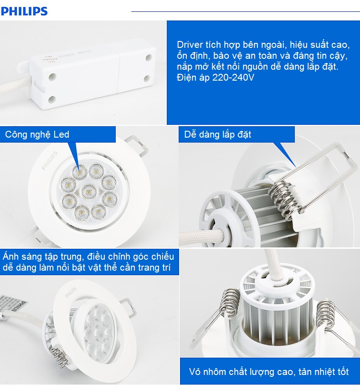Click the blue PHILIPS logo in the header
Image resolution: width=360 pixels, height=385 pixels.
pos(24,10)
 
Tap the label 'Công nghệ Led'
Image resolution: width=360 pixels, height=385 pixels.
pos(37,134)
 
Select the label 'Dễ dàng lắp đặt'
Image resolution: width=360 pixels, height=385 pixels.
pos(218,134)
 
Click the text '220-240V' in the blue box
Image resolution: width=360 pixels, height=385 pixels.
pos(233,77)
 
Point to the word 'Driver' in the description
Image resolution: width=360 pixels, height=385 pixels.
pos(189,46)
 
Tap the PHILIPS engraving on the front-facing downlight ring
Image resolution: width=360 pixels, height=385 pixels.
pos(50,160)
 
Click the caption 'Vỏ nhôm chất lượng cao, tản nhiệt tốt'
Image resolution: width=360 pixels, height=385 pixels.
pos(269,372)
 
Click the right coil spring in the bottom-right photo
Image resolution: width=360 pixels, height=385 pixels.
pos(324,312)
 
